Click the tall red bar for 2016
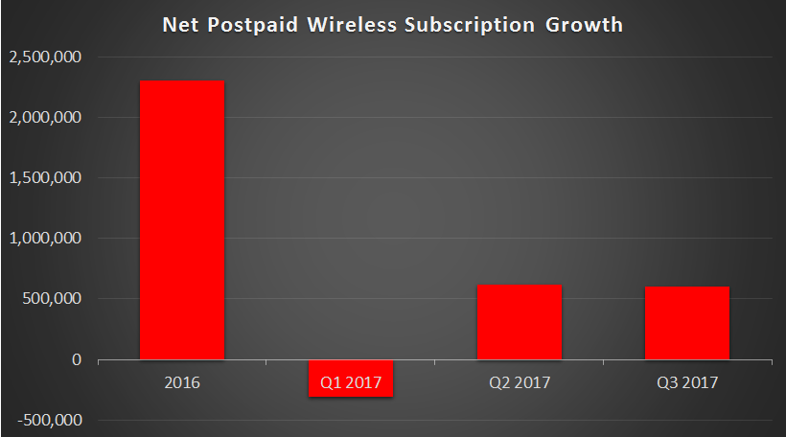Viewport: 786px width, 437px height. pyautogui.click(x=182, y=219)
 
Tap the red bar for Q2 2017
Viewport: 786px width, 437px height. pyautogui.click(x=519, y=322)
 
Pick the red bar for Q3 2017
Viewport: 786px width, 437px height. pyautogui.click(x=687, y=323)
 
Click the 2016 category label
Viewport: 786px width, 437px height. pyautogui.click(x=182, y=382)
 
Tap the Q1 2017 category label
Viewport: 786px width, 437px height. pyautogui.click(x=351, y=382)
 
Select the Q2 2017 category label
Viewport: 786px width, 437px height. pyautogui.click(x=519, y=382)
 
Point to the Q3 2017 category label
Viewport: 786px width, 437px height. pyautogui.click(x=687, y=382)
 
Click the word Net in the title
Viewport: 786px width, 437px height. pyautogui.click(x=182, y=25)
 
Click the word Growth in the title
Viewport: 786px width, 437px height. pyautogui.click(x=584, y=25)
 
